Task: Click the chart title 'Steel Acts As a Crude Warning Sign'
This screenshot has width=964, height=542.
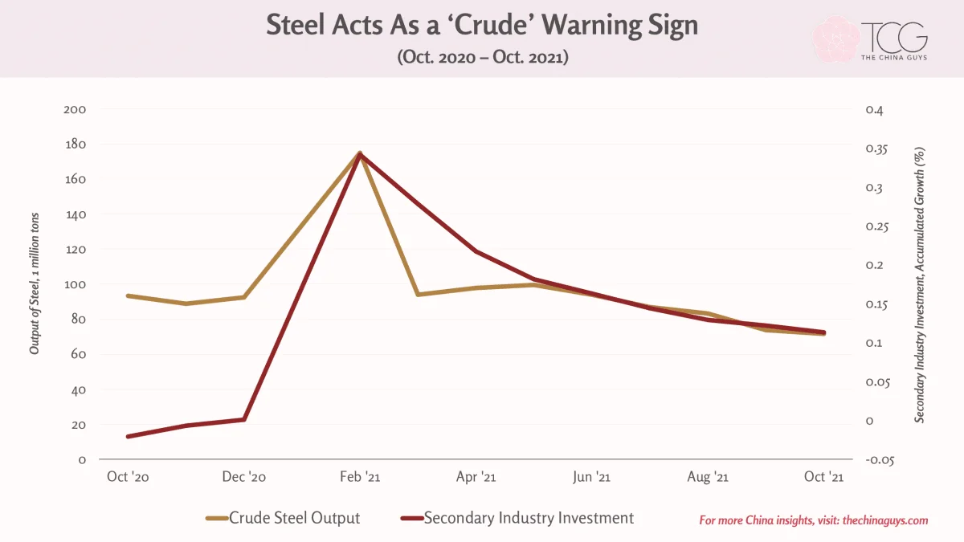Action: [x=482, y=25]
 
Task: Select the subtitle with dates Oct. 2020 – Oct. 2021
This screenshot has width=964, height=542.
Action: [x=483, y=57]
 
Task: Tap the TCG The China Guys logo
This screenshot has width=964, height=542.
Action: [x=870, y=39]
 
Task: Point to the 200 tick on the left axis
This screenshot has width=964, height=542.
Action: [x=75, y=109]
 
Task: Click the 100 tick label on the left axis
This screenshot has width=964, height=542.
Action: [x=75, y=284]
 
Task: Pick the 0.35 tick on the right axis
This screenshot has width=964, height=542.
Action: [x=876, y=149]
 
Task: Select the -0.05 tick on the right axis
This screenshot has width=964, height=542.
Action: [x=880, y=460]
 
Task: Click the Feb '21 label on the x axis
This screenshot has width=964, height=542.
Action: [x=360, y=477]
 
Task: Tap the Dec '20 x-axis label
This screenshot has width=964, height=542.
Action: [x=244, y=477]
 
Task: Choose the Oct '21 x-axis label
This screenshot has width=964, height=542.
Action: [x=823, y=477]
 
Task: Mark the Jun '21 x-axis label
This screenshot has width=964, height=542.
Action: [x=592, y=477]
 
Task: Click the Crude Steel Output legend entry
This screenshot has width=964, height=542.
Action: [x=283, y=518]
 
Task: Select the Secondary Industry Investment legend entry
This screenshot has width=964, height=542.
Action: [x=517, y=518]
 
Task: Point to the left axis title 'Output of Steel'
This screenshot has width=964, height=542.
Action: [x=34, y=284]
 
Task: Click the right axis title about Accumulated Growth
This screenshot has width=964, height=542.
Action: [x=919, y=285]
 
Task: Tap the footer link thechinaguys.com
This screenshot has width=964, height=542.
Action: [x=885, y=520]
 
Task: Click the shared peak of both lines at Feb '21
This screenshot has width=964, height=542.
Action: [x=360, y=153]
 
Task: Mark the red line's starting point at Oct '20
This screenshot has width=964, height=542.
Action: [x=129, y=437]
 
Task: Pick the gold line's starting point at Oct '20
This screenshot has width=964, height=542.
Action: [x=129, y=296]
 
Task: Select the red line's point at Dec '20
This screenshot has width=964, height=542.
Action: [x=244, y=419]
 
